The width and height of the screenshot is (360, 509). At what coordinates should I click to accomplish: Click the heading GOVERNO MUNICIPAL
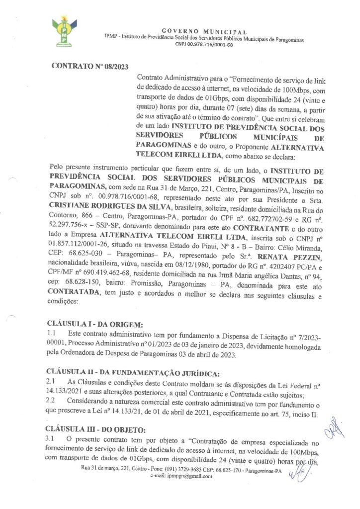197,31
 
